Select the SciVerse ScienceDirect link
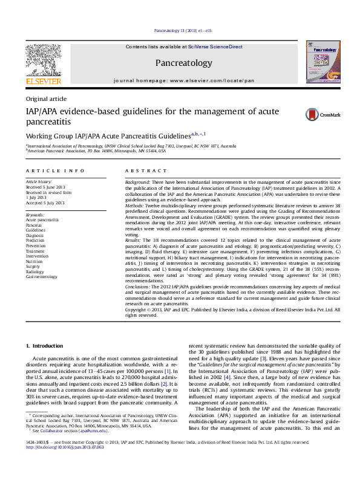tap(215, 47)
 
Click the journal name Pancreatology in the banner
tap(184, 63)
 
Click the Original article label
tap(46, 99)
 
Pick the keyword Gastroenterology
tap(42, 277)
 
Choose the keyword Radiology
tap(36, 271)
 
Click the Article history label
tap(39, 181)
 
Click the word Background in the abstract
tap(137, 182)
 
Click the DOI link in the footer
tap(62, 464)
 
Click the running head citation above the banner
tap(183, 30)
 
